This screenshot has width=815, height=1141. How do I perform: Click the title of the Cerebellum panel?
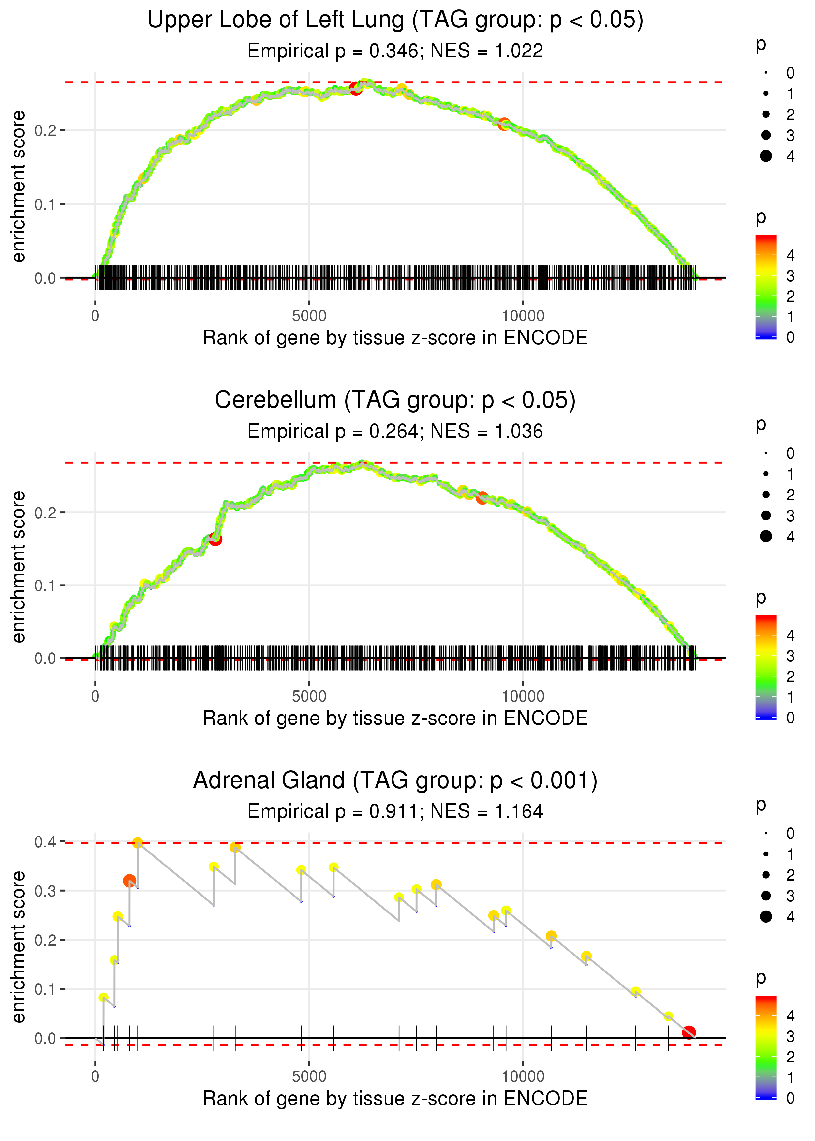tap(395, 400)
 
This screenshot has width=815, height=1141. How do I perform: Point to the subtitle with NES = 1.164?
tap(395, 811)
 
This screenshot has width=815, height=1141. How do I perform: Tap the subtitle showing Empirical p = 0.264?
tap(395, 431)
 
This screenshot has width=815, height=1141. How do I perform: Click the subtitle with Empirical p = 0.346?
tap(395, 51)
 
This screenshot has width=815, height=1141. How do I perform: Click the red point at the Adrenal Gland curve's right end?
tap(689, 1032)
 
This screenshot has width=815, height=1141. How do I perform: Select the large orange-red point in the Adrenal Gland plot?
tap(129, 881)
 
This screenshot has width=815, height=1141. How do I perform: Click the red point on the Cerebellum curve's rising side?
tap(215, 540)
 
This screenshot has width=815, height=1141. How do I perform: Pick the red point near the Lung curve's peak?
tap(356, 88)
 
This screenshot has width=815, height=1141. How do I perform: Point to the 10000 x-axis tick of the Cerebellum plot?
tap(523, 696)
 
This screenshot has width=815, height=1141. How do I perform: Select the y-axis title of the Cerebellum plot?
tap(19, 567)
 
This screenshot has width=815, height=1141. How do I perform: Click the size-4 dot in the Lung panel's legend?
tap(766, 156)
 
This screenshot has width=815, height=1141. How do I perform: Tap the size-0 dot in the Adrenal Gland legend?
tap(766, 834)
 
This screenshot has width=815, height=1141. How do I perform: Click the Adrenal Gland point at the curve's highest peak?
tap(138, 842)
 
